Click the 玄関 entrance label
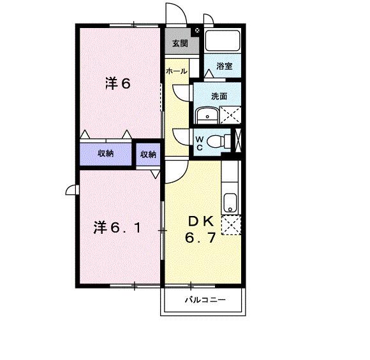180,43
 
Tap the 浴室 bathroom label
225,66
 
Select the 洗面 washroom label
219,96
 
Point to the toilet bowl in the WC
216,141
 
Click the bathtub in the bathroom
223,40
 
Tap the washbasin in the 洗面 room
207,115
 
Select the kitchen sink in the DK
230,203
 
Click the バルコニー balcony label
205,300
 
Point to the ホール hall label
177,71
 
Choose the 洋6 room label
117,83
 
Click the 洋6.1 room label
117,227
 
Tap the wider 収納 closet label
105,154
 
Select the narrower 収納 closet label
148,154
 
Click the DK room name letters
201,222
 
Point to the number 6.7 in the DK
200,238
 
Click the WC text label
200,143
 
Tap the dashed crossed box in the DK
231,225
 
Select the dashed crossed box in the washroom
230,115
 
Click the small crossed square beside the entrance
197,30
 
